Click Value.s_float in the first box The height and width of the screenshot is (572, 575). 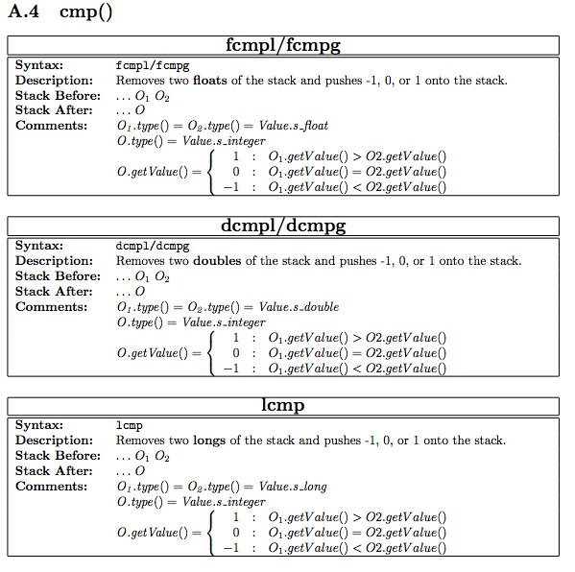click(294, 126)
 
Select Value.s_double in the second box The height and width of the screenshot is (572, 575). click(299, 307)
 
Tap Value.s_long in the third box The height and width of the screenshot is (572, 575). click(293, 487)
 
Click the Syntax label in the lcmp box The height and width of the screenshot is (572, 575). click(39, 425)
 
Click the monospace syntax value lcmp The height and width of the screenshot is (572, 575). click(130, 425)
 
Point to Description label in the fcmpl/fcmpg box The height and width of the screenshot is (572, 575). click(54, 81)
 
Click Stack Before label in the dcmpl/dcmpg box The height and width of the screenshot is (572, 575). click(58, 276)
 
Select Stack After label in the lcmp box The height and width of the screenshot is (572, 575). click(54, 471)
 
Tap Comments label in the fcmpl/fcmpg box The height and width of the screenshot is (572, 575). click(51, 126)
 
